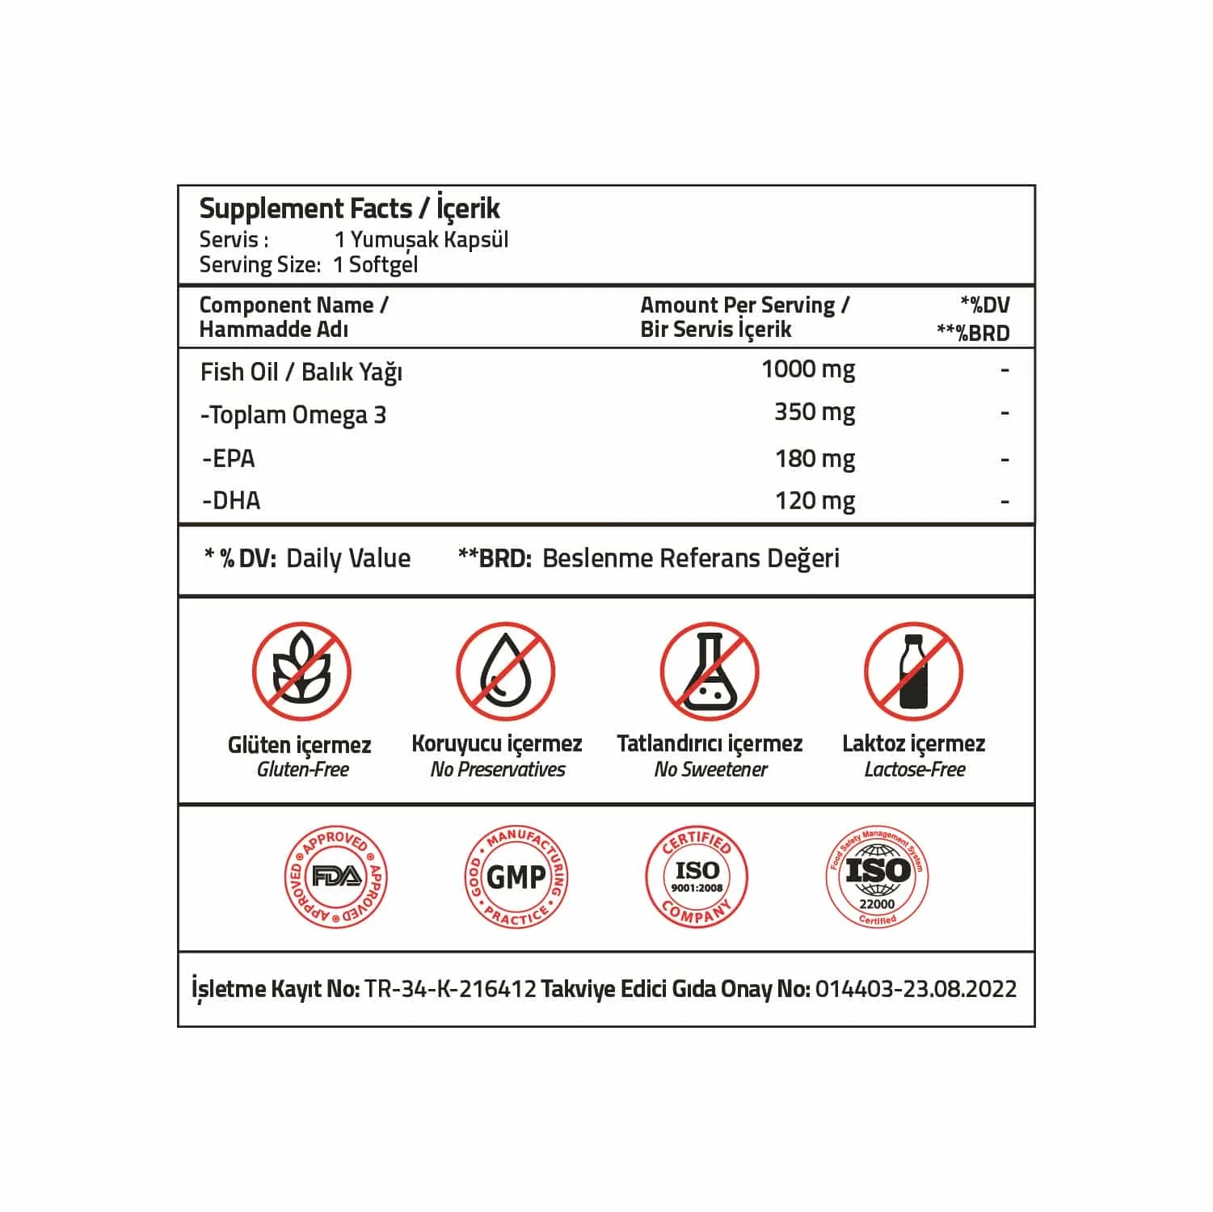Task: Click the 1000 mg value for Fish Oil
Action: point(808,370)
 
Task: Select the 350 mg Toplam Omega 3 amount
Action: point(814,413)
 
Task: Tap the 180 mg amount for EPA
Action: point(815,459)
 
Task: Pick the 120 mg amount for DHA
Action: point(815,501)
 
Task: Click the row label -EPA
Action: point(229,459)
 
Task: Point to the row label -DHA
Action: point(231,501)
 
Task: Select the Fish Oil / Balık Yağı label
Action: point(301,372)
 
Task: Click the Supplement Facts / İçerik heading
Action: point(349,208)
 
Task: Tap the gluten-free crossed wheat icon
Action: point(301,671)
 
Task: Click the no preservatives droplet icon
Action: point(505,671)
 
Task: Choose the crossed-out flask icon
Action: point(710,671)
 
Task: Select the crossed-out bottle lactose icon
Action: point(913,671)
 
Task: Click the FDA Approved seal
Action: point(336,877)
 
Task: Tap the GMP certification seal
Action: point(516,877)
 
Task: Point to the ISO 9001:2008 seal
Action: point(697,877)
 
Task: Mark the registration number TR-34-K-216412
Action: point(450,989)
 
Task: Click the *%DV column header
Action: point(984,305)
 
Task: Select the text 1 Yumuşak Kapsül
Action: point(421,240)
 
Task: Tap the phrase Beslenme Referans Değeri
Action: point(690,558)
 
